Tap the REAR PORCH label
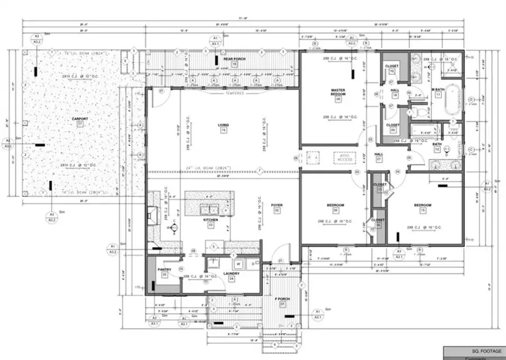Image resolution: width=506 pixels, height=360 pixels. (x=232, y=58)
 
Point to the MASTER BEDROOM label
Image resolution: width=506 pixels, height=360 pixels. (x=337, y=92)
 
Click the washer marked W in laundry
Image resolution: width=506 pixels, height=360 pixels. (x=238, y=263)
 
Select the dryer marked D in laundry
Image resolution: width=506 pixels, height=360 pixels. (x=253, y=263)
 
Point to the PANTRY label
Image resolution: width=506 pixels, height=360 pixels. (x=164, y=269)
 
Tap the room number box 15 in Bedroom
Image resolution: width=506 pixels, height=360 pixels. (x=423, y=210)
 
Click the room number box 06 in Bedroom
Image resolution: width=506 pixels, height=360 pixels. (x=336, y=210)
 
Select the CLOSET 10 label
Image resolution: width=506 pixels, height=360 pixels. (x=391, y=66)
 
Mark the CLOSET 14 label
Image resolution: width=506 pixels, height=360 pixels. (x=378, y=220)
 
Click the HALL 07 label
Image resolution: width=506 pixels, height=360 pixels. (x=379, y=154)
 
